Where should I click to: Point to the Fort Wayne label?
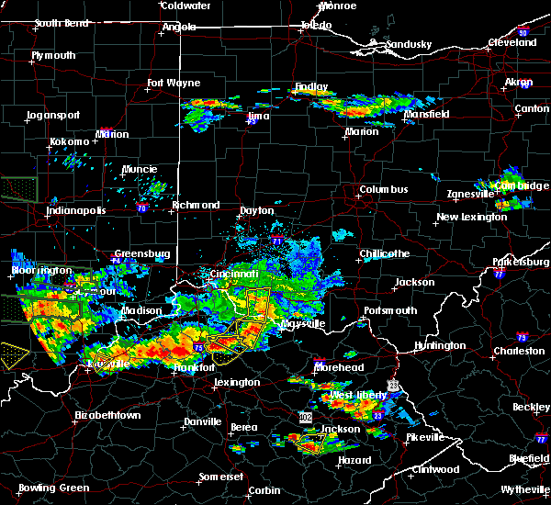point(174,84)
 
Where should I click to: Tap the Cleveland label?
point(512,43)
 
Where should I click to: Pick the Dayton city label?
point(256,211)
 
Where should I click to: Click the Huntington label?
point(440,345)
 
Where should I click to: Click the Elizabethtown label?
point(108,415)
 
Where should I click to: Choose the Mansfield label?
point(427,115)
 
